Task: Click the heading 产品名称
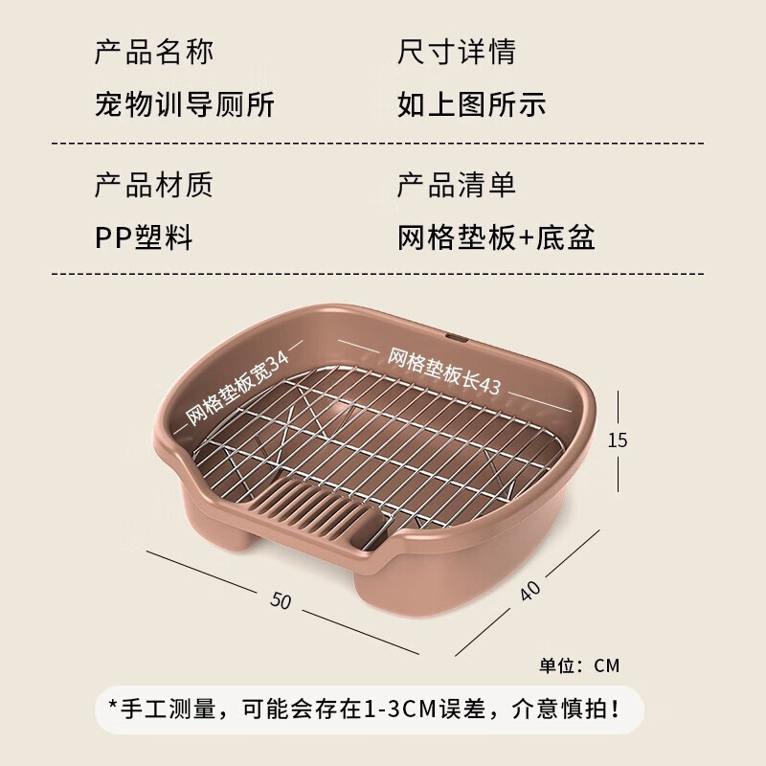tap(154, 52)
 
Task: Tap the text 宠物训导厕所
tap(185, 104)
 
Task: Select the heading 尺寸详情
tap(457, 52)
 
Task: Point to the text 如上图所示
tap(471, 104)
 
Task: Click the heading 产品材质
tap(154, 185)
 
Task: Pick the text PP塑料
tap(144, 237)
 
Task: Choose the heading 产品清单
tap(457, 185)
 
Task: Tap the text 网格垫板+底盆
tap(496, 237)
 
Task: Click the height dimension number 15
tap(617, 440)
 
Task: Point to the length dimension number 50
tap(281, 600)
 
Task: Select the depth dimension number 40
tap(529, 590)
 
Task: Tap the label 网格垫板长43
tap(444, 372)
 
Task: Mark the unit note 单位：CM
tap(579, 665)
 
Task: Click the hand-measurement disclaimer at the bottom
tap(365, 710)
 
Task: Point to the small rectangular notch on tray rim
tap(456, 338)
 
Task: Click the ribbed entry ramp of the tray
tap(318, 508)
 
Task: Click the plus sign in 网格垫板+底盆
tap(526, 238)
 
